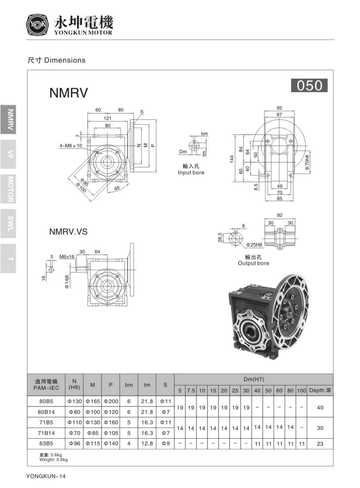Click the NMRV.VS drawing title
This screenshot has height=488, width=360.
[68, 232]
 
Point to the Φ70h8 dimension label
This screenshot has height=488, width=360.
[307, 162]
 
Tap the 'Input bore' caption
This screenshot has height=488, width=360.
[191, 172]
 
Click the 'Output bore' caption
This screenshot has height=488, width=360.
[253, 263]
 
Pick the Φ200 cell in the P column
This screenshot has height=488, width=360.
[110, 401]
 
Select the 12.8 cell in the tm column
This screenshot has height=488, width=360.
[147, 444]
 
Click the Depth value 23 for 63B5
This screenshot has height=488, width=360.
[320, 444]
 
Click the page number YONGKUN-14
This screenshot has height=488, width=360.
[47, 476]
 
